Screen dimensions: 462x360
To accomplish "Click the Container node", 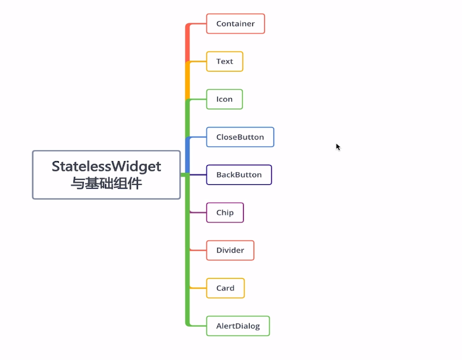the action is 235,23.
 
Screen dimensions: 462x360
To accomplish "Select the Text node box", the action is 225,62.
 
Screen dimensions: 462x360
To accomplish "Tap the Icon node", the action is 225,99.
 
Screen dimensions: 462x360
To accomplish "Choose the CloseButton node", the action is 240,137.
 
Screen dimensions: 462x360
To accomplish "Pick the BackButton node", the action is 239,175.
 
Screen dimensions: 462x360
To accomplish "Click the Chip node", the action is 225,213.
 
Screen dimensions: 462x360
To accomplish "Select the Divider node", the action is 230,250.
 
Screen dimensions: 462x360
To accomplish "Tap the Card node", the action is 225,288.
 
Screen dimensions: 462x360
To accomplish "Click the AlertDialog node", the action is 238,326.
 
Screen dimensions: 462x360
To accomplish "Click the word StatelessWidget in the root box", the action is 106,167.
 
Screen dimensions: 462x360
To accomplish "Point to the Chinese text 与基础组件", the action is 106,183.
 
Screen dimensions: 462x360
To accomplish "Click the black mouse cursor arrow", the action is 338,147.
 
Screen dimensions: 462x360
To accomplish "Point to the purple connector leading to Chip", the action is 198,212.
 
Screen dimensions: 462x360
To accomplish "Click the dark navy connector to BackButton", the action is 198,174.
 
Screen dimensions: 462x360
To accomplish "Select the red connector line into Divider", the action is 198,250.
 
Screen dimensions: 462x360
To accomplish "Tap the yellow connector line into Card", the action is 198,288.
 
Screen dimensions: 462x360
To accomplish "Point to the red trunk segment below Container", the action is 187,43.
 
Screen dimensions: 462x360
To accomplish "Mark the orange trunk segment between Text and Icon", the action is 187,81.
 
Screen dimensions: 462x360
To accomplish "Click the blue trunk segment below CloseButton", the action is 187,155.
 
